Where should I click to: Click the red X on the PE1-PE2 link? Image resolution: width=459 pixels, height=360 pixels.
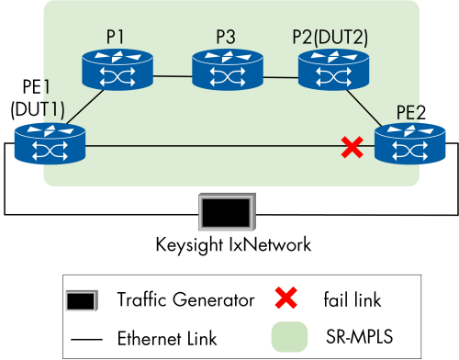click(351, 145)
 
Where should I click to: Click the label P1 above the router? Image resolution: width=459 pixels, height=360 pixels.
click(116, 36)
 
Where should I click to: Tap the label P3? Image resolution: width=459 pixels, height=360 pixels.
click(226, 36)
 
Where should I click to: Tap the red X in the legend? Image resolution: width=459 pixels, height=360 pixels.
click(288, 298)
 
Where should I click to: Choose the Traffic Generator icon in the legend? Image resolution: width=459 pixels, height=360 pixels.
click(82, 299)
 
